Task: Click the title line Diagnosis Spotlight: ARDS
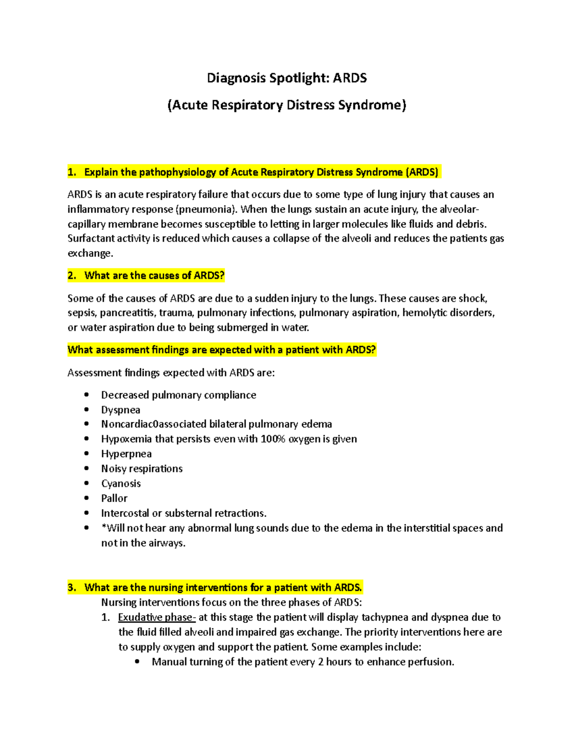287,78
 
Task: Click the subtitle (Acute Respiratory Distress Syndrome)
287,105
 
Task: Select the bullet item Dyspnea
121,410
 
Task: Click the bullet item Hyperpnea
126,454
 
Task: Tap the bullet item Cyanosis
121,484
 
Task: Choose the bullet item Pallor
114,499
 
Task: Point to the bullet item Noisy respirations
142,469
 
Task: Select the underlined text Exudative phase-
157,618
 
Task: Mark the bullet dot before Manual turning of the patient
137,662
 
